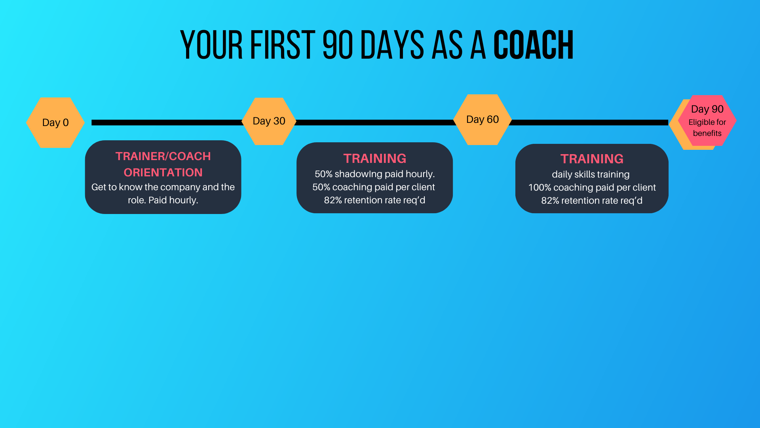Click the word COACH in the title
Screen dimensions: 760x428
pos(534,45)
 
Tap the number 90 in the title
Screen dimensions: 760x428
pos(338,45)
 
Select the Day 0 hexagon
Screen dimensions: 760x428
pos(55,122)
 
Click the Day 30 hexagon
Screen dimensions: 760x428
pos(269,121)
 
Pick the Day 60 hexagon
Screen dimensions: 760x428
pos(483,119)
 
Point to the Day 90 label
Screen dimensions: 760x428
pos(707,109)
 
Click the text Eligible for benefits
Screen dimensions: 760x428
pos(707,128)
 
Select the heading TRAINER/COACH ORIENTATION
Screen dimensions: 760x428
pos(163,164)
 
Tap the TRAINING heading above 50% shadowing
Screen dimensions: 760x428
pos(375,159)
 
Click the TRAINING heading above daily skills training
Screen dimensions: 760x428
pos(592,159)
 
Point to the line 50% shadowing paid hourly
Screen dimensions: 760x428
pos(375,174)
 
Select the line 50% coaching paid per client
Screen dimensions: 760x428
pos(374,187)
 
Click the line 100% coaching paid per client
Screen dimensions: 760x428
pos(592,187)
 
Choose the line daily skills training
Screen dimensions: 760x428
pos(591,174)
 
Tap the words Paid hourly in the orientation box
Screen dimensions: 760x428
pos(173,200)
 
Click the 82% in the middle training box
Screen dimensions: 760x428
pos(333,200)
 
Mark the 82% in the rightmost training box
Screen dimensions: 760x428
pos(550,201)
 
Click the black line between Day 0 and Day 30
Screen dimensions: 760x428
pos(167,122)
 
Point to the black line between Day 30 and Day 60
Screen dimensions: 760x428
pos(375,122)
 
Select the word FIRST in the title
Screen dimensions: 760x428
pos(283,45)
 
